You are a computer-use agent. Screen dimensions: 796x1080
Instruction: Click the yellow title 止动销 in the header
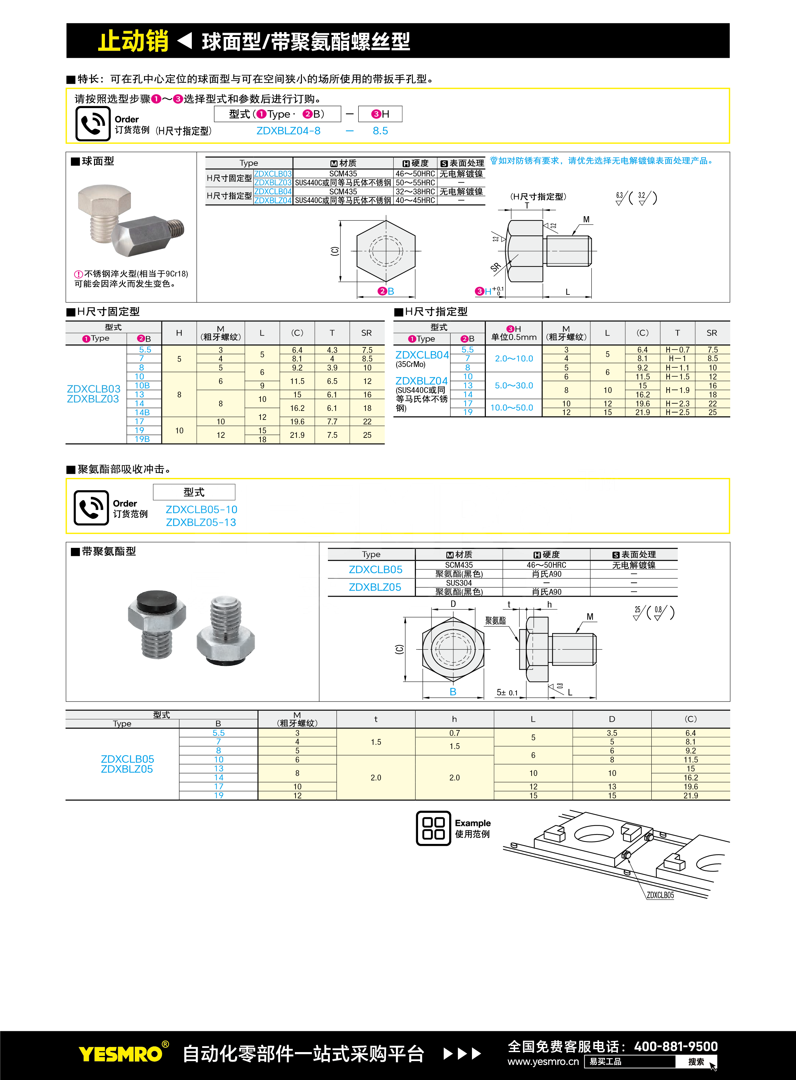(133, 41)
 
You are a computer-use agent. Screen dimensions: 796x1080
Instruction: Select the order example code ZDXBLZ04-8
(288, 131)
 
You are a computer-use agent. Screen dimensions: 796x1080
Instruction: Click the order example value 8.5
(380, 131)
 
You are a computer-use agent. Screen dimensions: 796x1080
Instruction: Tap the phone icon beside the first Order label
(93, 123)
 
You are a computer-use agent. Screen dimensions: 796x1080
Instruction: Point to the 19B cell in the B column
(142, 439)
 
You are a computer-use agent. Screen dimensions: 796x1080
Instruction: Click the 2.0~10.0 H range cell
(514, 358)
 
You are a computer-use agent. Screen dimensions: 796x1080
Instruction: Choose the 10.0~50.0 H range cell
(512, 408)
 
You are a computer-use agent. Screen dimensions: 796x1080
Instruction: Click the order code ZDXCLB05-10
(201, 509)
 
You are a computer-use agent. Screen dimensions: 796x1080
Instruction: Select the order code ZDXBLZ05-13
(201, 522)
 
